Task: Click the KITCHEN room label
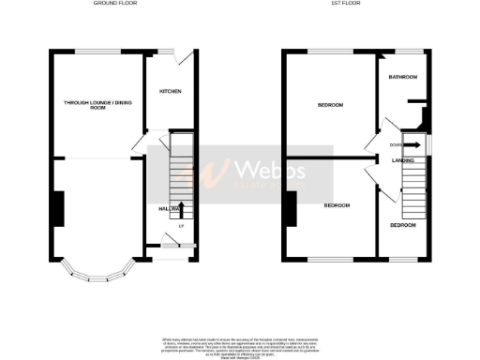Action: [170, 91]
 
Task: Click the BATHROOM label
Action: [403, 77]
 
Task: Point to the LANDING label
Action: [404, 160]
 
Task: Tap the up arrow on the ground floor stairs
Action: [180, 210]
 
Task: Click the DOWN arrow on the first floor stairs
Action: [410, 145]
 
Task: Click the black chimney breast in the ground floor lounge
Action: [58, 208]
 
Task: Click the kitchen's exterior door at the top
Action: [187, 55]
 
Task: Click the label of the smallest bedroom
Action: [403, 225]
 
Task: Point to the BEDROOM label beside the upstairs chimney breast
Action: [337, 204]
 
